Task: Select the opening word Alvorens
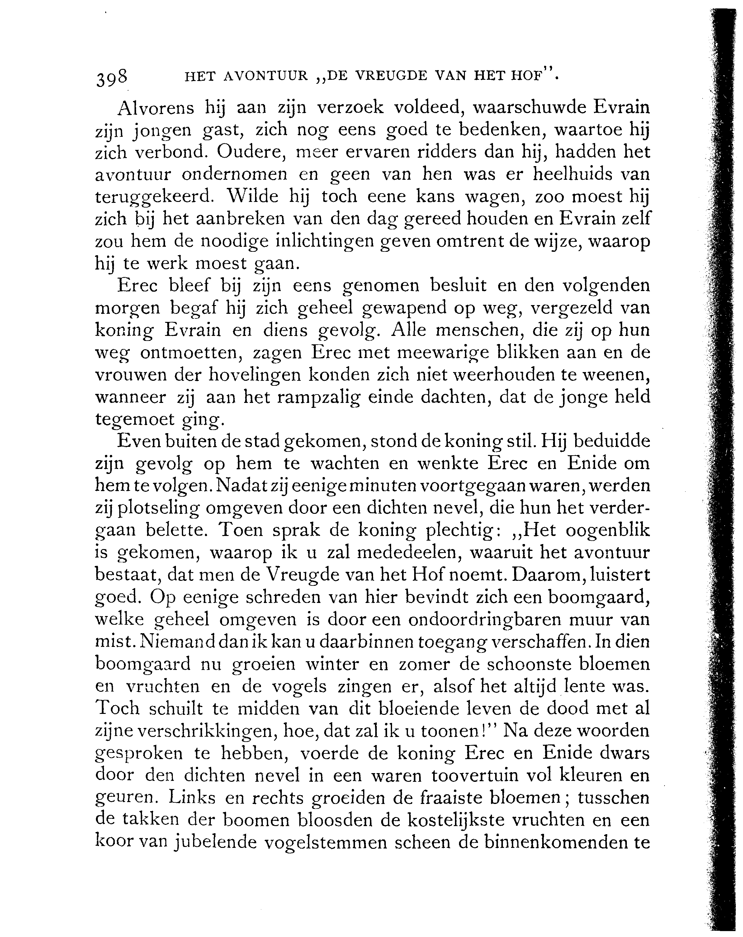point(156,108)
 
